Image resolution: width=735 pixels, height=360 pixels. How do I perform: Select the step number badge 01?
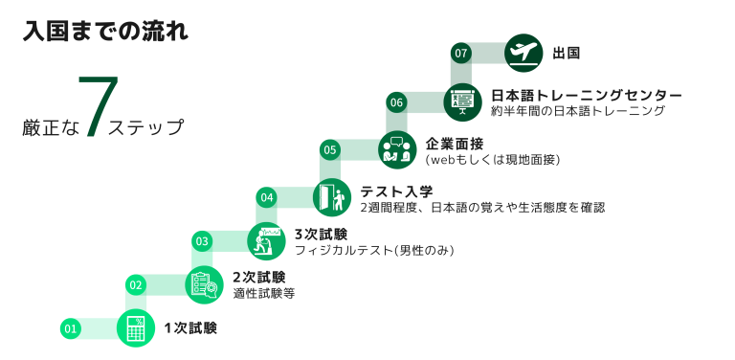pyautogui.click(x=70, y=329)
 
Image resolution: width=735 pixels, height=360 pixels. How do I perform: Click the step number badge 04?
pyautogui.click(x=267, y=198)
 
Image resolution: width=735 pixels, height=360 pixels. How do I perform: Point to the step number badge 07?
pyautogui.click(x=462, y=54)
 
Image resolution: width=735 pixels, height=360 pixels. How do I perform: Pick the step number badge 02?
pyautogui.click(x=136, y=284)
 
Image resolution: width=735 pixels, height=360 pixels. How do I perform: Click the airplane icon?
pyautogui.click(x=522, y=53)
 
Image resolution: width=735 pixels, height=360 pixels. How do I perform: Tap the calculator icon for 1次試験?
pyautogui.click(x=135, y=328)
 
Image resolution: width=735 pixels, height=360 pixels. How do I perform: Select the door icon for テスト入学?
pyautogui.click(x=331, y=197)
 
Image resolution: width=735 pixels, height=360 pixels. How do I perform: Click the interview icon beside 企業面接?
pyautogui.click(x=394, y=148)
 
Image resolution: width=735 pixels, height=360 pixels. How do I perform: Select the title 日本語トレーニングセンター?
pyautogui.click(x=586, y=96)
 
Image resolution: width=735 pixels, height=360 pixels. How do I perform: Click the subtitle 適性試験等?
pyautogui.click(x=263, y=294)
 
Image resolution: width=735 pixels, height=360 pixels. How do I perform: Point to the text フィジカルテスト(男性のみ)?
pyautogui.click(x=373, y=250)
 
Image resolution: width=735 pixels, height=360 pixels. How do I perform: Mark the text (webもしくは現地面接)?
pyautogui.click(x=492, y=159)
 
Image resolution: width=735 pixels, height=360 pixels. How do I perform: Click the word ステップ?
pyautogui.click(x=145, y=126)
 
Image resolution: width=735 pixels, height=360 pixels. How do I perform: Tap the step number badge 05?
pyautogui.click(x=330, y=149)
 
